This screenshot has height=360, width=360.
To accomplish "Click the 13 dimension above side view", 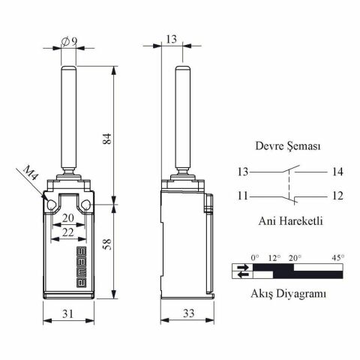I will (x=171, y=39).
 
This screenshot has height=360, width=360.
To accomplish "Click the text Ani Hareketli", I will (x=289, y=221).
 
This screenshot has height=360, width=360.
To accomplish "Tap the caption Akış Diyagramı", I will (x=289, y=295).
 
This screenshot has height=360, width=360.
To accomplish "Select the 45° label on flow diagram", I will (x=337, y=258).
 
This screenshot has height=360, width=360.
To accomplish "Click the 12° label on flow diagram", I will (x=274, y=258).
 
